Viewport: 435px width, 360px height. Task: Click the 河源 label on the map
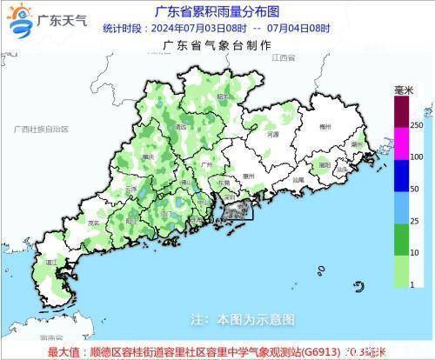(273, 136)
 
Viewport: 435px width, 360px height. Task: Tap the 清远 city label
(181, 127)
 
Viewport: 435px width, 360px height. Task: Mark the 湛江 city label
(52, 261)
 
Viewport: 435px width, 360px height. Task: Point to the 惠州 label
(248, 176)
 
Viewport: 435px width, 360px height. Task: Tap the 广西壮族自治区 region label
(40, 129)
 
